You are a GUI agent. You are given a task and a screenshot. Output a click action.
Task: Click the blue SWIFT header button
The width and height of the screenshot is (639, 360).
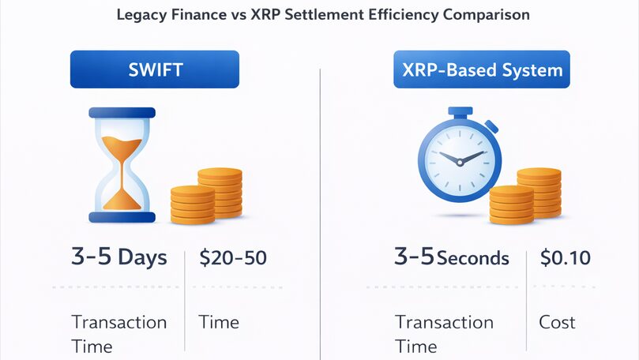(155, 69)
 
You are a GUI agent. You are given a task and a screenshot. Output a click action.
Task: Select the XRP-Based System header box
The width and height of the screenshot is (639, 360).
(482, 69)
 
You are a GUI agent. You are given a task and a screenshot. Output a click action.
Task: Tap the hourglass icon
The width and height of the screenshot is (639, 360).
(122, 165)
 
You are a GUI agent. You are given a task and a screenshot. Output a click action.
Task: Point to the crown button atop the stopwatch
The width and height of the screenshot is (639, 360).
(460, 112)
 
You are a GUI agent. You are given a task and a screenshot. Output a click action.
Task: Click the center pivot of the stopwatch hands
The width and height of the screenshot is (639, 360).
(460, 163)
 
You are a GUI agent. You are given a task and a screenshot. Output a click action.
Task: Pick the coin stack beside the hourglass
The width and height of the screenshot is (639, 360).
(206, 196)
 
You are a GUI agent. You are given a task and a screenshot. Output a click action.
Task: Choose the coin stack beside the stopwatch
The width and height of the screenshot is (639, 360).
(525, 196)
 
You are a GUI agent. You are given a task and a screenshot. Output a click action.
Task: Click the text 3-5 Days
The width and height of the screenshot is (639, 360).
(119, 257)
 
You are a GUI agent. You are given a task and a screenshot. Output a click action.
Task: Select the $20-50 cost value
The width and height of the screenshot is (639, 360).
(233, 258)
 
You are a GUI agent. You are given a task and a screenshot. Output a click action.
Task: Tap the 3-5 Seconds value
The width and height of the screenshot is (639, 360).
(452, 257)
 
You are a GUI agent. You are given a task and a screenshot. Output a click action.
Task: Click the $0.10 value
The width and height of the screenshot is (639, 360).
(566, 258)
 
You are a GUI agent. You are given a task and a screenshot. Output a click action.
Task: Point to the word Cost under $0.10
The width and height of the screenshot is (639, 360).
(557, 322)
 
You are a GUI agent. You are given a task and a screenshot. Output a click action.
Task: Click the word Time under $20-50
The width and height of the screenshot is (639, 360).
(219, 322)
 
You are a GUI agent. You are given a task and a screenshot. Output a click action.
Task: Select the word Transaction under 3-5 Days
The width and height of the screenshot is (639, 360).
(119, 322)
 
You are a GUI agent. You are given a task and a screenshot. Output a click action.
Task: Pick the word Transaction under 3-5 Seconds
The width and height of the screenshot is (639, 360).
(444, 322)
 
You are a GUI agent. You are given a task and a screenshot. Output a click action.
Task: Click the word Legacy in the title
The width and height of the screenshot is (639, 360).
(141, 15)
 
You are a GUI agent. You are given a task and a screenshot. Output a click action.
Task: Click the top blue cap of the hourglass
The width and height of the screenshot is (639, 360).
(122, 112)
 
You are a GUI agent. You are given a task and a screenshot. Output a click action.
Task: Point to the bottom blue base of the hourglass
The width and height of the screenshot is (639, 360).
(122, 217)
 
